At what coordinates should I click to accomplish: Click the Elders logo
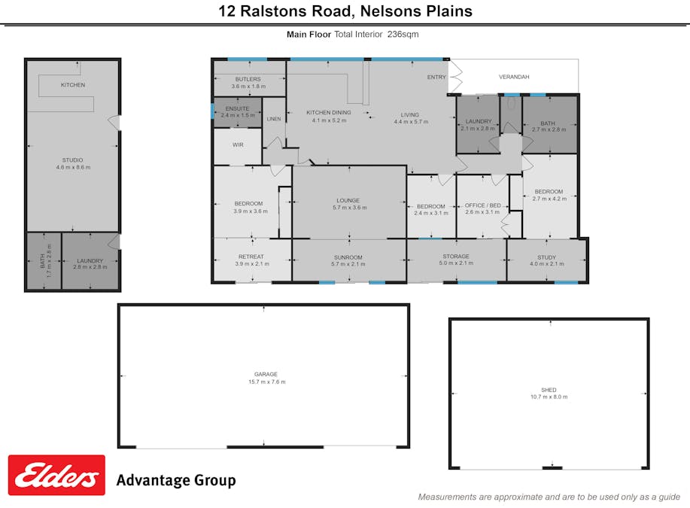(56, 475)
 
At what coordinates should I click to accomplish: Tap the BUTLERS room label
(248, 79)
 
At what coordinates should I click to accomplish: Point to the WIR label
(238, 144)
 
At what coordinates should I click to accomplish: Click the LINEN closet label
(274, 119)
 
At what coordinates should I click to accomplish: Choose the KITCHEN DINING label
(329, 113)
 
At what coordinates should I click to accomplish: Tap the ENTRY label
(436, 78)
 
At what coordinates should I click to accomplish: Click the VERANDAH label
(514, 78)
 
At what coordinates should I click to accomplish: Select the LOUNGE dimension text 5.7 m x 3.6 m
(348, 208)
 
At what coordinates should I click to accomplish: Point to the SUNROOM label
(348, 257)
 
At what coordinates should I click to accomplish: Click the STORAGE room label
(456, 257)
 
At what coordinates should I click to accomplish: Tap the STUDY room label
(546, 257)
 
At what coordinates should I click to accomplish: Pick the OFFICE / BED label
(482, 205)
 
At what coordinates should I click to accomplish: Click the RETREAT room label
(251, 257)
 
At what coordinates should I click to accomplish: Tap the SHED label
(549, 390)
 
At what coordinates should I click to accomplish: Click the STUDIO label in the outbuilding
(73, 160)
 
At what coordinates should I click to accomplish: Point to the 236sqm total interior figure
(403, 34)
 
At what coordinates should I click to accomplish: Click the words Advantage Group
(176, 480)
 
